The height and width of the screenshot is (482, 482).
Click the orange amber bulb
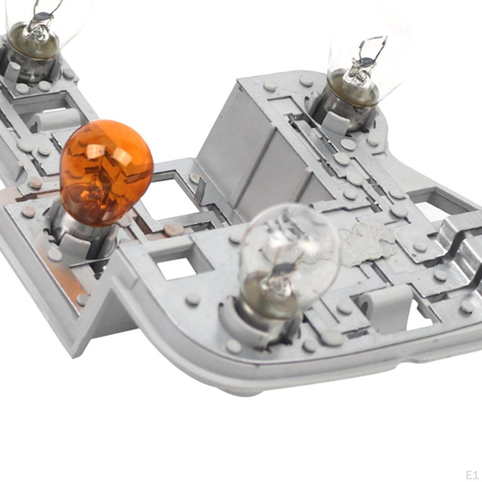106,173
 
